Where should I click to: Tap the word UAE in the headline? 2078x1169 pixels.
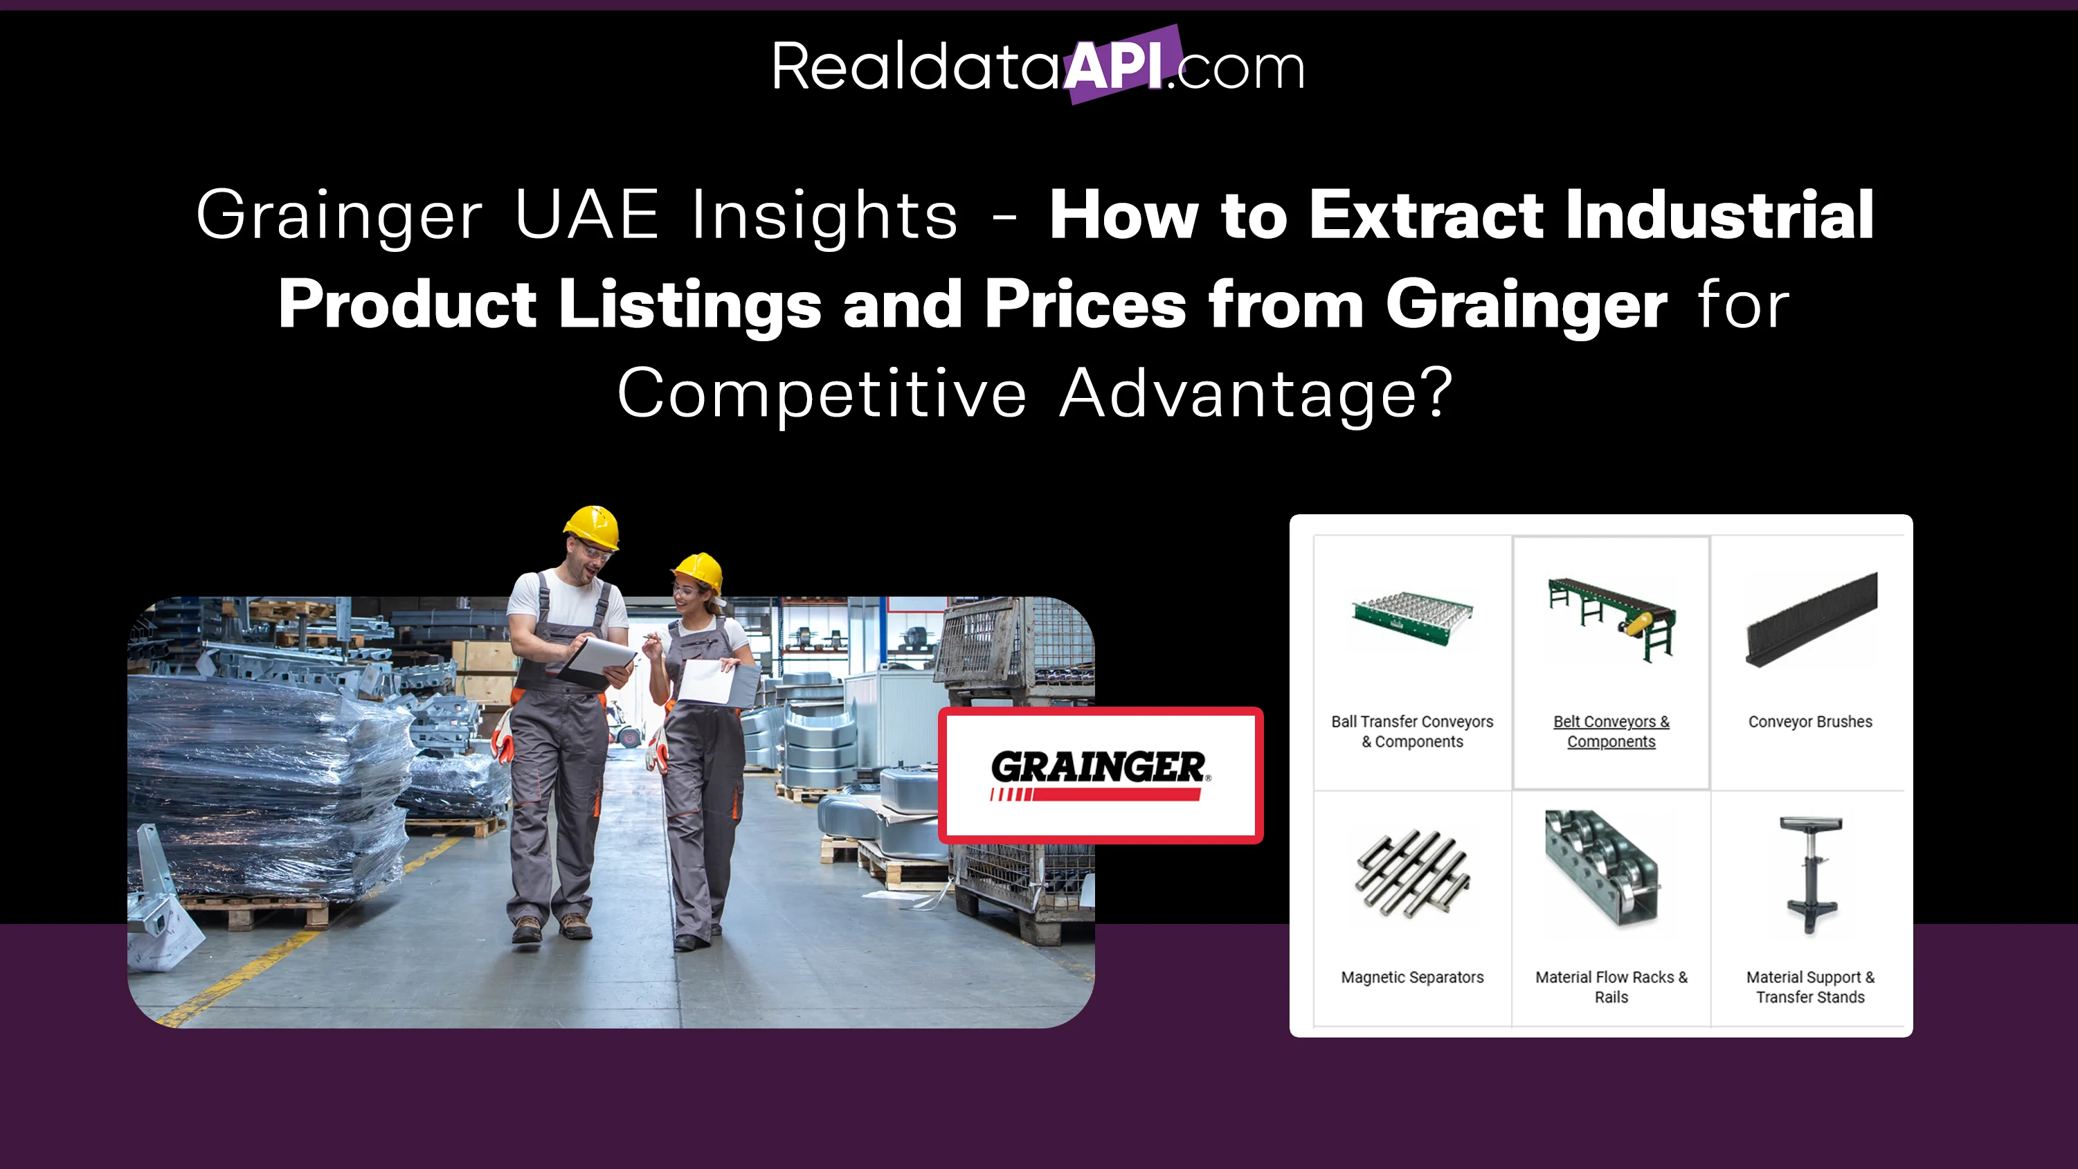coord(586,214)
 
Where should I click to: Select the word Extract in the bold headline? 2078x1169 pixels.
coord(1426,215)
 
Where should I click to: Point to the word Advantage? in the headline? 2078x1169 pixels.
coord(1256,394)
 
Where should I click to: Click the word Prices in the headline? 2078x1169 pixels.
coord(1085,304)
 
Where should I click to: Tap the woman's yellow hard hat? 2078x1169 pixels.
coord(698,571)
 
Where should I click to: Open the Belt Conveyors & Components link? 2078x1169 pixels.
coord(1611,732)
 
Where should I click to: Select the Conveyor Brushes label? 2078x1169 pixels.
coord(1810,722)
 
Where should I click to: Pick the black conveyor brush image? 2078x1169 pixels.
coord(1812,619)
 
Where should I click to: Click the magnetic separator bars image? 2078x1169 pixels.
coord(1413,873)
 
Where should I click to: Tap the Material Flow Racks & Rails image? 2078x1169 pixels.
coord(1602,868)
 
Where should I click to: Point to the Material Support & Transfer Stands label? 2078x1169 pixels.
coord(1810,988)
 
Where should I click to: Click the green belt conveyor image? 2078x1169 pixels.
coord(1611,618)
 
